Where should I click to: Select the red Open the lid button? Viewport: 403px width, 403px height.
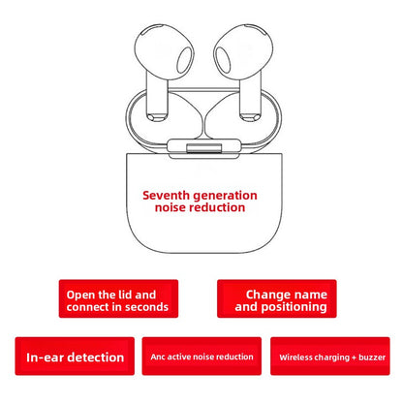[x=118, y=298]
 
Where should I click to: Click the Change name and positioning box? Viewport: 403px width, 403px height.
[x=277, y=298]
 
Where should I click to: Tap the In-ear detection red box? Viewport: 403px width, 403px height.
[x=75, y=356]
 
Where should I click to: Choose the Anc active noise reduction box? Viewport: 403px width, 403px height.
[x=201, y=356]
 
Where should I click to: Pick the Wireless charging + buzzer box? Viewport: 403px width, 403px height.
[x=330, y=356]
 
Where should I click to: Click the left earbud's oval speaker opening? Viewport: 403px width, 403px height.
[x=185, y=60]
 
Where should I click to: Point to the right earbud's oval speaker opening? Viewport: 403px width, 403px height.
[x=223, y=60]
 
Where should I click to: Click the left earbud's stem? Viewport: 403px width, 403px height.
[x=157, y=97]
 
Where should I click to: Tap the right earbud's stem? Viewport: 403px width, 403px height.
[x=250, y=97]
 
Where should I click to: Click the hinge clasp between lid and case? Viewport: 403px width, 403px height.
[x=203, y=148]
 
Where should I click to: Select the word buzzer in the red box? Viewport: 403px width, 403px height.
[x=372, y=357]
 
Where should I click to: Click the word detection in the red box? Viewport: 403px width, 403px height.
[x=96, y=357]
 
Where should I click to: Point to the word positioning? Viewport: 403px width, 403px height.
[x=294, y=307]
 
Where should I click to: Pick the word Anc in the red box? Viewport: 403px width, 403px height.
[x=158, y=356]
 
